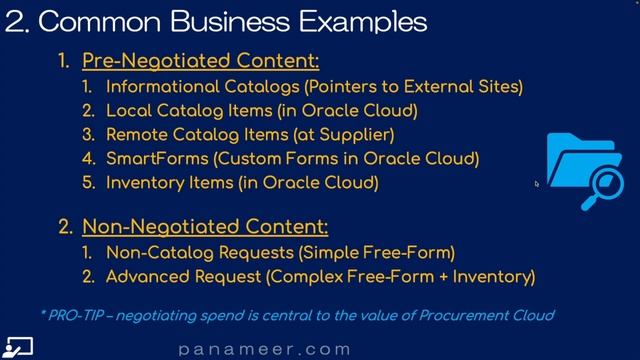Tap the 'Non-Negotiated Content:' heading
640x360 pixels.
point(205,227)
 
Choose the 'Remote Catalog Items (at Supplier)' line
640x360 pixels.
point(250,134)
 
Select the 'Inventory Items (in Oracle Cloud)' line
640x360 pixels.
point(242,182)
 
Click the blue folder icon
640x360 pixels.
point(575,165)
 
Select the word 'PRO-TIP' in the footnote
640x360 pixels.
point(79,315)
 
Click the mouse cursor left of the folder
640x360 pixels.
point(537,183)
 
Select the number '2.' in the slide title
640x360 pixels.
point(16,21)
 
